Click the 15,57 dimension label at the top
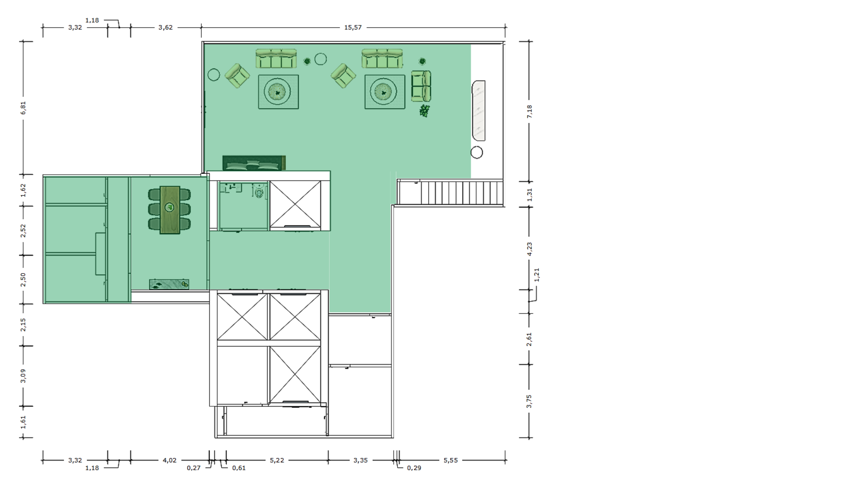pos(353,28)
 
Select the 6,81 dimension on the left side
pos(24,108)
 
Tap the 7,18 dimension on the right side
pos(529,111)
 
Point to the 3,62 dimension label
pos(165,28)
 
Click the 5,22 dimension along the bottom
pos(277,460)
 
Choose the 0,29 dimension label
pos(414,468)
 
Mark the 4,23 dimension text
pos(529,249)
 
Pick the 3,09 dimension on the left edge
pos(24,375)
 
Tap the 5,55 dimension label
pos(451,460)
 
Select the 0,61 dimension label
pos(239,468)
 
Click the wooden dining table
pos(170,210)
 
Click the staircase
pos(451,192)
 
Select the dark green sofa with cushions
pos(254,163)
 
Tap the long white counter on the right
pos(479,110)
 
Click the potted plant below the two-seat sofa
pos(424,110)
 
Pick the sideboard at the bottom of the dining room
pos(169,284)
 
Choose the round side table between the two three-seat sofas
pos(321,59)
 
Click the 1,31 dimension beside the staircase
pos(529,194)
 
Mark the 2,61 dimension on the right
pos(529,339)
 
